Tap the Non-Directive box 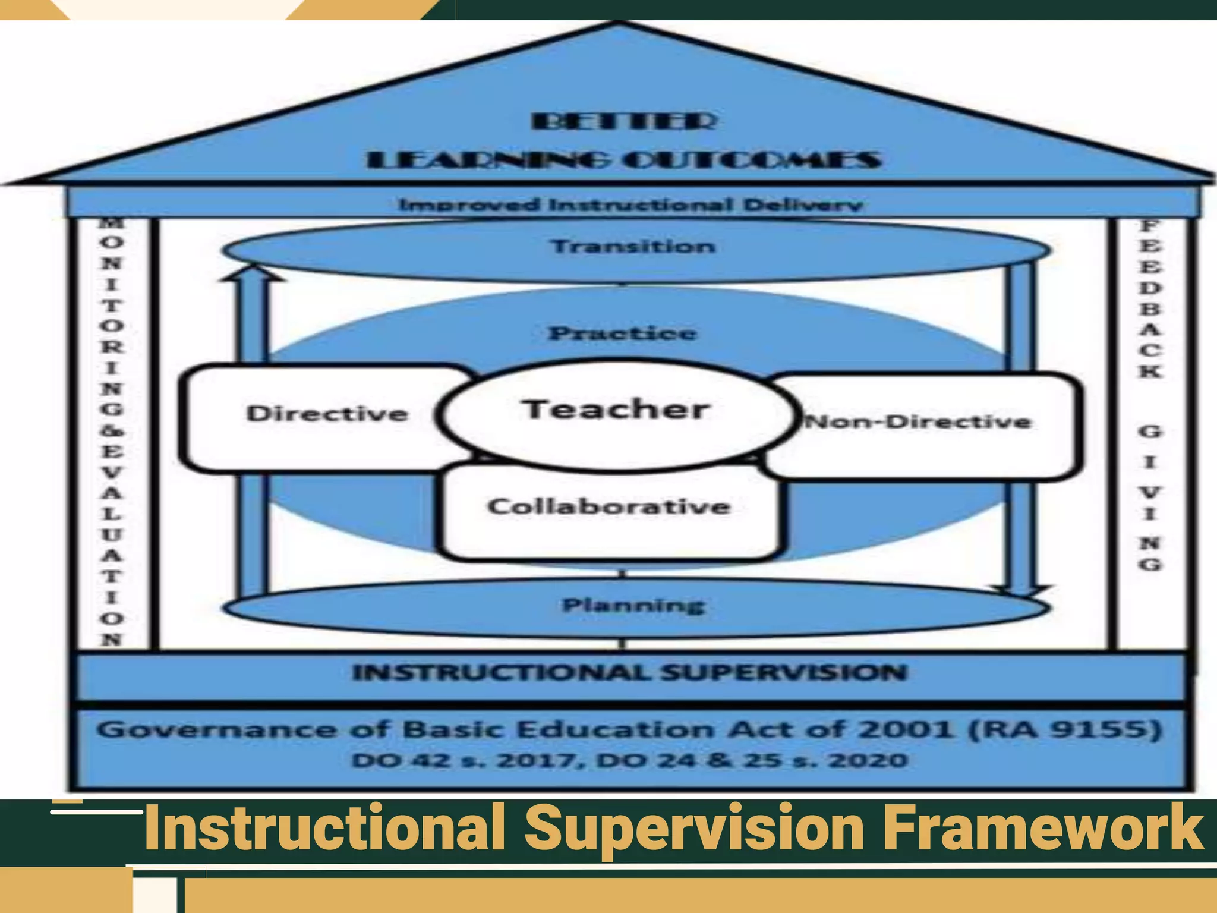click(x=918, y=423)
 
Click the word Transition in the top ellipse click(x=633, y=247)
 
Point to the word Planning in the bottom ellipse click(x=633, y=606)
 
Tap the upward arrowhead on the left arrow click(x=253, y=273)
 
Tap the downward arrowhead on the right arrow click(x=1021, y=591)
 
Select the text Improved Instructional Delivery click(x=630, y=205)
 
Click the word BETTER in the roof click(x=624, y=122)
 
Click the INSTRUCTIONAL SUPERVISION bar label click(x=630, y=673)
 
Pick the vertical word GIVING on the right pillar click(x=1150, y=497)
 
